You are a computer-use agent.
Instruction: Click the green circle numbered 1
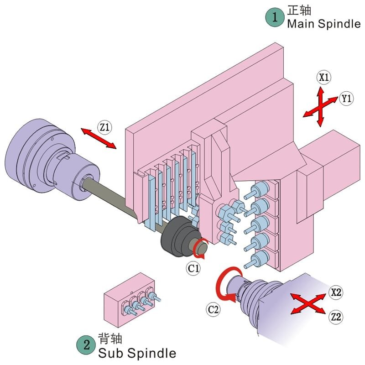click(275, 17)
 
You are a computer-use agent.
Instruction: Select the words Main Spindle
click(323, 24)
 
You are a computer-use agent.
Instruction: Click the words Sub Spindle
click(137, 353)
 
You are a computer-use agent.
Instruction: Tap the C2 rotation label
click(214, 309)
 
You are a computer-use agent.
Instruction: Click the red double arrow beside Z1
click(99, 138)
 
